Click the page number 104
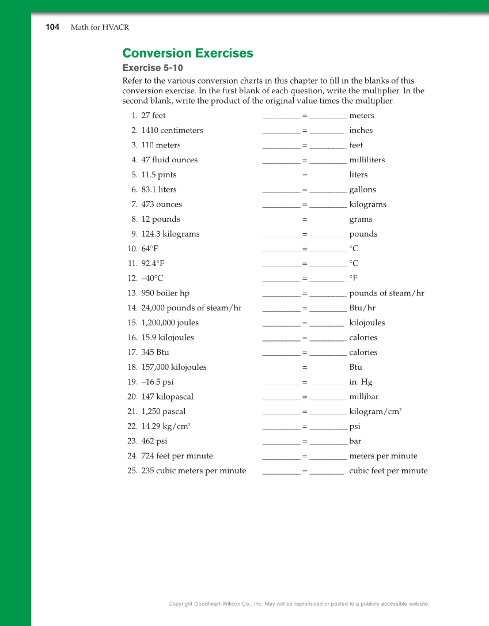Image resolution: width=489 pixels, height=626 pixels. [52, 27]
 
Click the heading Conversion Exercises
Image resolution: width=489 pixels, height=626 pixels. [188, 54]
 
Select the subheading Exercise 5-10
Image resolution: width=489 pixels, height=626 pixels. [153, 68]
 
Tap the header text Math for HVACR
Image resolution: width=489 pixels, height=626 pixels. [100, 28]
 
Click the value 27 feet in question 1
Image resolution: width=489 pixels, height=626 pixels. [153, 116]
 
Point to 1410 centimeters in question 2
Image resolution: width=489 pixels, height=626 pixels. [172, 131]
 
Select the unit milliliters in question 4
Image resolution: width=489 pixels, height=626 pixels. [367, 160]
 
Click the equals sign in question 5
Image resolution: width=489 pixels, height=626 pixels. [305, 175]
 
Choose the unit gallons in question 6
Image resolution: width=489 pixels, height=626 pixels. [362, 190]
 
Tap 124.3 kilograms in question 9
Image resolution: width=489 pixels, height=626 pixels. [170, 234]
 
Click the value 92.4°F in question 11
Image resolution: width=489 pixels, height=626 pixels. [153, 264]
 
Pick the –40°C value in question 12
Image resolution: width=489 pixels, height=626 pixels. [152, 279]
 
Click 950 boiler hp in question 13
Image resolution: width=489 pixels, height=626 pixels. [165, 294]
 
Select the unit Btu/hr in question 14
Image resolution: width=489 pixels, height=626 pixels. [362, 308]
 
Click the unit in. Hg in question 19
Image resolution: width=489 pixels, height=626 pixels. [361, 382]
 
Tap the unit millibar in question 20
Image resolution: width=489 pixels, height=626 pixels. [363, 397]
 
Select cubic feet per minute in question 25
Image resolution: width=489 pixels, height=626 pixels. [388, 471]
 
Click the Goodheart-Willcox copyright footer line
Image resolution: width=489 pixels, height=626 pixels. [298, 604]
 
